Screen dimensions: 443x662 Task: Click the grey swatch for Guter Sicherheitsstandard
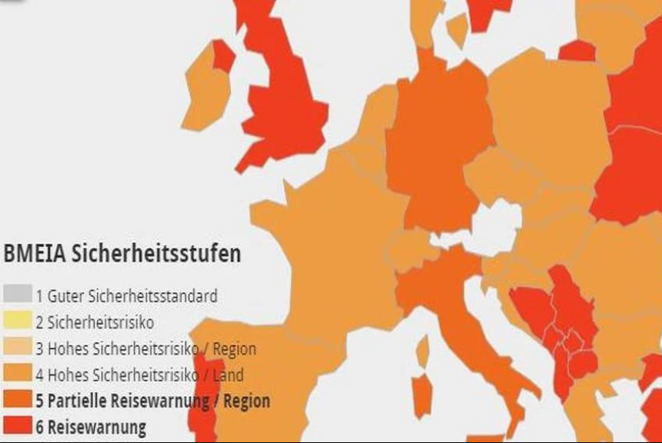pyautogui.click(x=17, y=295)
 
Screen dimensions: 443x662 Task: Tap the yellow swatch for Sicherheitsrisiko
pyautogui.click(x=17, y=321)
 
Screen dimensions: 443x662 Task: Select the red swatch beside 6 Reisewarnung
pyautogui.click(x=17, y=425)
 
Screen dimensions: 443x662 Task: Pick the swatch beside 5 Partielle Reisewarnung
pyautogui.click(x=17, y=400)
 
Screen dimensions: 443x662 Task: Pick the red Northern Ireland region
pyautogui.click(x=223, y=55)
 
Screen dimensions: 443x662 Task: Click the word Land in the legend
pyautogui.click(x=229, y=375)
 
